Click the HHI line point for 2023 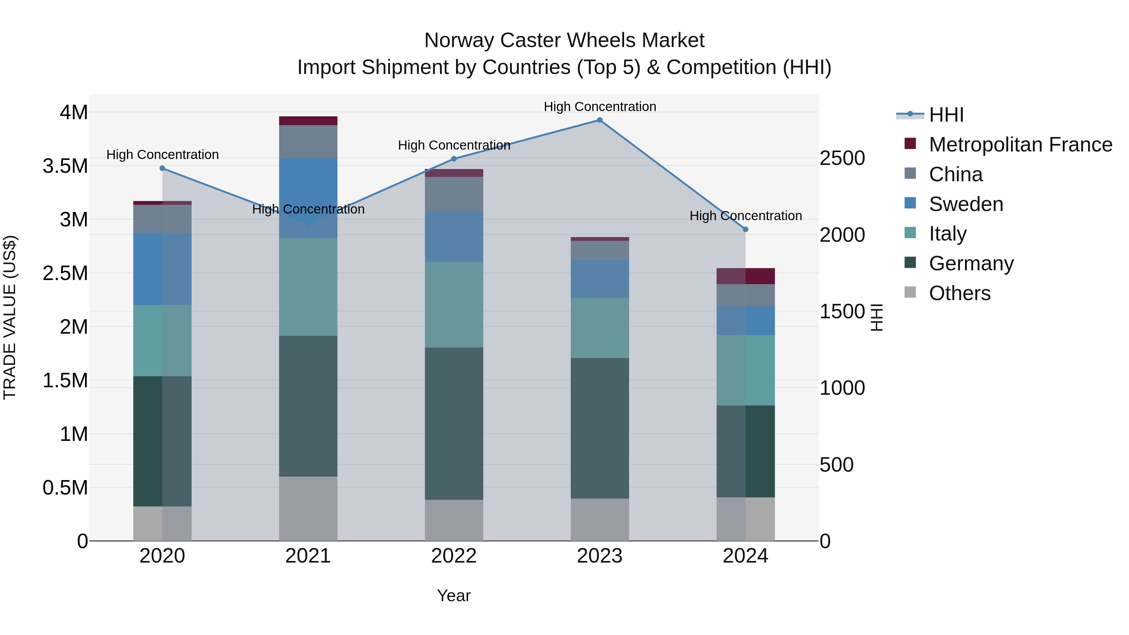[x=600, y=120]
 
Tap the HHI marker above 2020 [x=162, y=168]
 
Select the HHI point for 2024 [x=745, y=229]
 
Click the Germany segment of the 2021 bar [x=308, y=406]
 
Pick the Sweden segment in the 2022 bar [x=454, y=237]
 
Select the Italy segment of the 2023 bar [x=600, y=328]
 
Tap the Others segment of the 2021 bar [x=308, y=508]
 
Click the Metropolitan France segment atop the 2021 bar [x=308, y=121]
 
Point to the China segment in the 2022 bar [x=454, y=194]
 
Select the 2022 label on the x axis [x=453, y=556]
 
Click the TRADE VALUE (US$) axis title [x=10, y=317]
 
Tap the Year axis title [x=453, y=595]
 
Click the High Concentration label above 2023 [x=600, y=107]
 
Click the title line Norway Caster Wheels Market [x=564, y=40]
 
